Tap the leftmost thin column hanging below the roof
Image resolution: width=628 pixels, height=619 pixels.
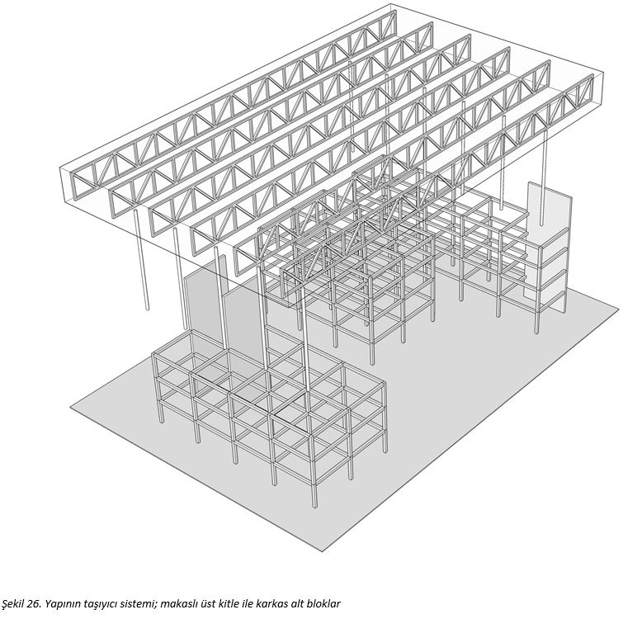(141, 259)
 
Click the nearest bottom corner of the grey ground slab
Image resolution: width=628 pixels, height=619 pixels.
(323, 551)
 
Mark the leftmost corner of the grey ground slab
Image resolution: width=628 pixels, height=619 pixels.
(70, 408)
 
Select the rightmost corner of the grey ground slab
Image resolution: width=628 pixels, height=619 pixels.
(619, 308)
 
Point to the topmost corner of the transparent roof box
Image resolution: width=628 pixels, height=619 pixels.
(390, 4)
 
